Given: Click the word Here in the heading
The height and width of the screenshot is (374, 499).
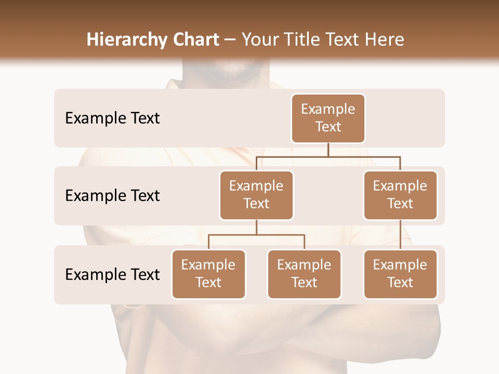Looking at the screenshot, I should click(384, 39).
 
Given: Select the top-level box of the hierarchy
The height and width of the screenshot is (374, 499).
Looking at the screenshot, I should click(328, 118).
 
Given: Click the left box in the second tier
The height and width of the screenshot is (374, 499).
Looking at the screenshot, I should click(256, 195).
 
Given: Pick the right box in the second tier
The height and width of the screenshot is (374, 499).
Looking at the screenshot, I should click(400, 195).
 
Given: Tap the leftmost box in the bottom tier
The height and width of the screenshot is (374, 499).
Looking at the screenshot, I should click(208, 274).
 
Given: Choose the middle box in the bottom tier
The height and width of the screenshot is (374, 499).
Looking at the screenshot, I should click(304, 274).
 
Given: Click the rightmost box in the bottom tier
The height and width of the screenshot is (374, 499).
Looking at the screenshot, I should click(400, 274).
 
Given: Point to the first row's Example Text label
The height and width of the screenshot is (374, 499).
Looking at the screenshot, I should click(112, 118).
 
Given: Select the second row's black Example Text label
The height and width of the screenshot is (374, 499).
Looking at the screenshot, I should click(112, 196).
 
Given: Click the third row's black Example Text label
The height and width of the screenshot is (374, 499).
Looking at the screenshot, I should click(112, 274).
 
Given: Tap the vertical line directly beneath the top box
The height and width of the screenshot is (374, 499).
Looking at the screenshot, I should click(328, 150).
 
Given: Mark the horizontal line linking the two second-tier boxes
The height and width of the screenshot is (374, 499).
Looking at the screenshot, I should click(328, 156).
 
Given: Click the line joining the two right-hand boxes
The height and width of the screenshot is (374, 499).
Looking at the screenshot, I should click(400, 235).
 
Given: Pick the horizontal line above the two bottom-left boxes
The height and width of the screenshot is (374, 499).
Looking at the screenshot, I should click(256, 235).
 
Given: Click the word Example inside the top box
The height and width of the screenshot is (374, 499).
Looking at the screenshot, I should click(328, 109).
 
